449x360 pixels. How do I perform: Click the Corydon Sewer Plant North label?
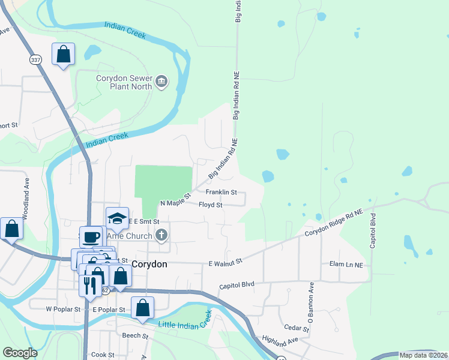(x=124, y=82)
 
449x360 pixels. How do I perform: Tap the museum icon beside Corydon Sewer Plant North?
(x=161, y=81)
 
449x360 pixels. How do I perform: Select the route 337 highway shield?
(x=35, y=59)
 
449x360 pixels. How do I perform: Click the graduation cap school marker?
(x=118, y=218)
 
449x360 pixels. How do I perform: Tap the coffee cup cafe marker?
(x=91, y=236)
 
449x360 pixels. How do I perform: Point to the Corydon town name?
(x=149, y=263)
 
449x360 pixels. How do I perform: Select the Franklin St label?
(x=221, y=193)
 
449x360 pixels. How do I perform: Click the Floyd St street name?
(x=211, y=205)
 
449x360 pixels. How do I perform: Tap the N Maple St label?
(x=175, y=200)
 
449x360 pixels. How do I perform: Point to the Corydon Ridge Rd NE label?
(x=334, y=223)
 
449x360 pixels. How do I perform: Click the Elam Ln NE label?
(x=346, y=265)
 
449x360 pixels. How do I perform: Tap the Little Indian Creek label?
(x=185, y=320)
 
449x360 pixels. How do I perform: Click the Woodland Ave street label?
(x=26, y=191)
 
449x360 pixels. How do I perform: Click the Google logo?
(x=20, y=353)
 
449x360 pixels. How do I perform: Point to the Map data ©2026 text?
(x=424, y=355)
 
